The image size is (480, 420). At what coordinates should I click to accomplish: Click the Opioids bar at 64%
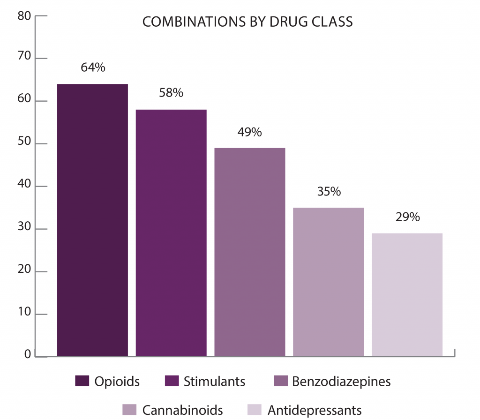tap(92, 220)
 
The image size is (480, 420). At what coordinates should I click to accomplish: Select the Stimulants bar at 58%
tap(171, 233)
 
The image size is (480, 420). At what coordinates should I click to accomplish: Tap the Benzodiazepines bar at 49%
tap(250, 252)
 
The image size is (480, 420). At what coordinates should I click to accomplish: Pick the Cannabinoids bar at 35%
tap(328, 282)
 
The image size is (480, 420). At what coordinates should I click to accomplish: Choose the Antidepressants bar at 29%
tap(407, 294)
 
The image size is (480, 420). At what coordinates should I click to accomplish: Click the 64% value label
tap(93, 67)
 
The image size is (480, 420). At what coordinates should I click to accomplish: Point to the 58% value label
tap(171, 92)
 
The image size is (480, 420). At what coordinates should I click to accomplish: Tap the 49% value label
tap(249, 132)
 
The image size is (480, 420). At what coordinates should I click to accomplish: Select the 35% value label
tap(328, 192)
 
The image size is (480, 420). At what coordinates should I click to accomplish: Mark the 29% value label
tap(407, 217)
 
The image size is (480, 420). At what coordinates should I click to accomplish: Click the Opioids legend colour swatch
tap(82, 381)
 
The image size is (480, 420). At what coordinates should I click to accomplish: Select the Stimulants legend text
tap(214, 381)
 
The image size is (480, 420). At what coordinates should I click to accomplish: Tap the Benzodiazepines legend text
tap(341, 381)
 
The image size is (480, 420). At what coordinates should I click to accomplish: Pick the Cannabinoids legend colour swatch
tap(129, 410)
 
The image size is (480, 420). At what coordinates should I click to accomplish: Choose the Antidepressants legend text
tap(315, 410)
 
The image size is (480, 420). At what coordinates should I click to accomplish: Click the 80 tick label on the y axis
tap(25, 15)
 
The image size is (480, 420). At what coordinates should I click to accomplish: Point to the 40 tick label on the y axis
tap(25, 186)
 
